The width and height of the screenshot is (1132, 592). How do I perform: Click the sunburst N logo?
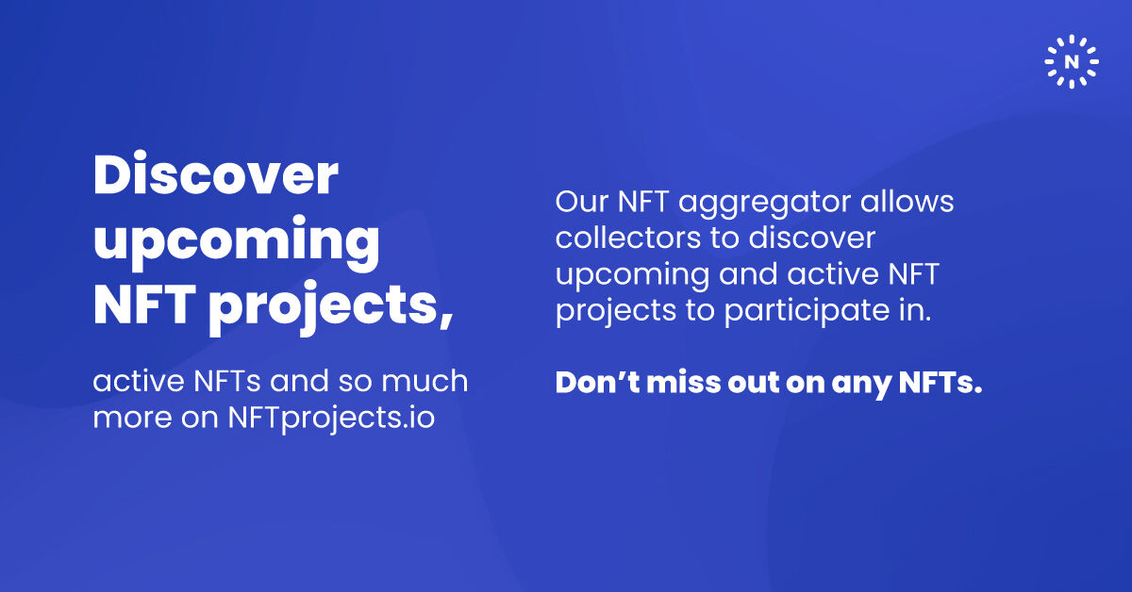click(x=1072, y=61)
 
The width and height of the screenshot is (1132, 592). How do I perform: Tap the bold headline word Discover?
click(x=215, y=175)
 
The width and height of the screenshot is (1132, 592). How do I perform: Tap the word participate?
click(x=815, y=311)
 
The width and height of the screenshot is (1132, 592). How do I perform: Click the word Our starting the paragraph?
click(x=583, y=202)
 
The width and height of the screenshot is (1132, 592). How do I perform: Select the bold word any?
click(x=859, y=385)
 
